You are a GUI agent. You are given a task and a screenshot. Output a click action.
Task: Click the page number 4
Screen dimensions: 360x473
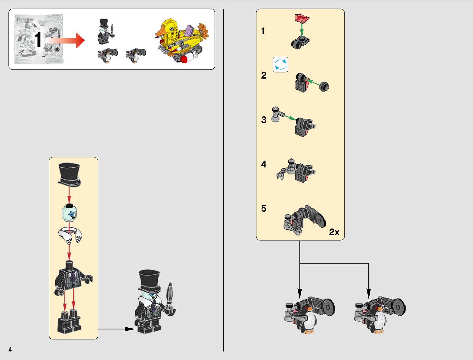pyautogui.click(x=10, y=349)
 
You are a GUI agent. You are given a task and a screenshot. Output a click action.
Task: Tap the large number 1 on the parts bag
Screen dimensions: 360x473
pyautogui.click(x=38, y=40)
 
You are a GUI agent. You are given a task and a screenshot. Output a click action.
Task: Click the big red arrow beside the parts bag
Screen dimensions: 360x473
pyautogui.click(x=66, y=40)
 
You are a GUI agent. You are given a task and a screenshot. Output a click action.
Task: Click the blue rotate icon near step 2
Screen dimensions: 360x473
pyautogui.click(x=280, y=65)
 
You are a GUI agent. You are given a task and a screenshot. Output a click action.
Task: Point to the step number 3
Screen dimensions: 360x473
pyautogui.click(x=264, y=120)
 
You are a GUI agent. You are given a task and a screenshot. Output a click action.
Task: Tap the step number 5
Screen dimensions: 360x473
pyautogui.click(x=264, y=208)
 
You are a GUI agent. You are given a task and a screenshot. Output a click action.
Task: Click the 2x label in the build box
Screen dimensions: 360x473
pyautogui.click(x=334, y=232)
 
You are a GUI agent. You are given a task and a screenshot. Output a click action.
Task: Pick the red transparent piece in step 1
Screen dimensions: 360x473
pyautogui.click(x=302, y=19)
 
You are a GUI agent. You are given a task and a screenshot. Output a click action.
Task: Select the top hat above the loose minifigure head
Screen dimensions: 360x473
pyautogui.click(x=70, y=174)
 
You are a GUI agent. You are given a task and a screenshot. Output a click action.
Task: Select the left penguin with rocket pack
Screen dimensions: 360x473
pyautogui.click(x=309, y=315)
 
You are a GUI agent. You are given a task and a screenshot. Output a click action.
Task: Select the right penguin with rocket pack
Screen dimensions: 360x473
pyautogui.click(x=379, y=315)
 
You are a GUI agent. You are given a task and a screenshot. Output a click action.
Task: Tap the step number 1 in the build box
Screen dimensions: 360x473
pyautogui.click(x=263, y=31)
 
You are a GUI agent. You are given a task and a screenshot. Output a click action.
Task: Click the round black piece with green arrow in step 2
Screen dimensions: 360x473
pyautogui.click(x=324, y=86)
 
